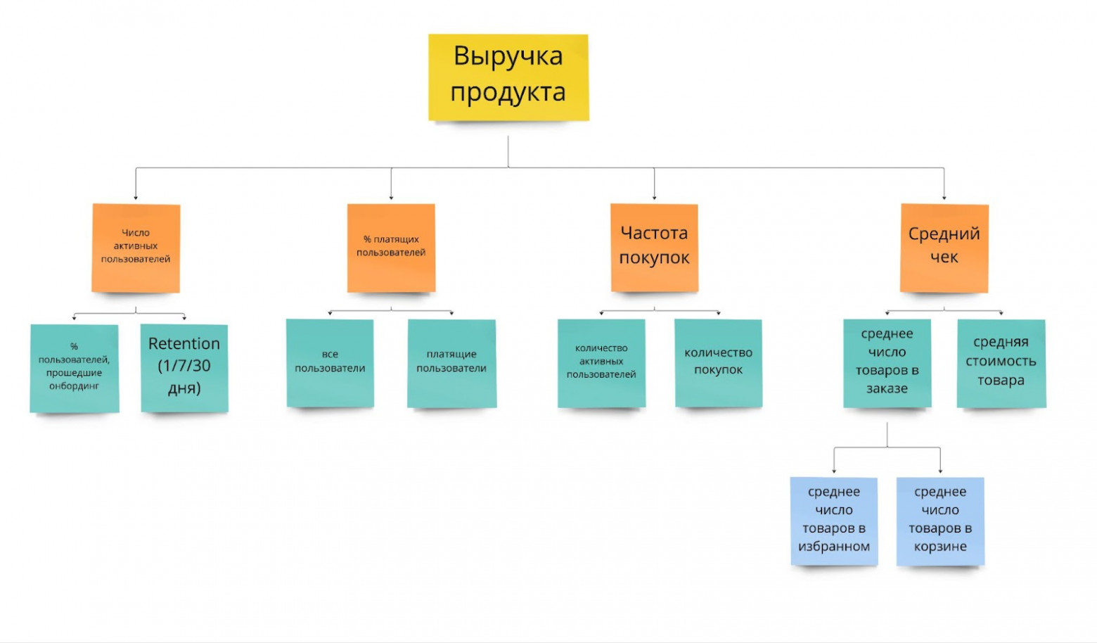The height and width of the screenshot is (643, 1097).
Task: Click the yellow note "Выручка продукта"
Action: pyautogui.click(x=508, y=77)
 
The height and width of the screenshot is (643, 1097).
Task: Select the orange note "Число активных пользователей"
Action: pyautogui.click(x=136, y=248)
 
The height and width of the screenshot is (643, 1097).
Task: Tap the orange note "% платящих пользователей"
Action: pyautogui.click(x=391, y=248)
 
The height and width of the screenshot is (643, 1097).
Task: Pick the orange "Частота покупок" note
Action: pyautogui.click(x=654, y=247)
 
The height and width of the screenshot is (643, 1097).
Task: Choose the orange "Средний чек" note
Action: pyautogui.click(x=944, y=247)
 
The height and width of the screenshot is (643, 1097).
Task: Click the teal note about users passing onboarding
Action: pyautogui.click(x=74, y=368)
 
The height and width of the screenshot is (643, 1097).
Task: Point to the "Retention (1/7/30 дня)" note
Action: pyautogui.click(x=184, y=367)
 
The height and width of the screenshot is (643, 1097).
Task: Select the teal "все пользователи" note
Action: pyautogui.click(x=330, y=363)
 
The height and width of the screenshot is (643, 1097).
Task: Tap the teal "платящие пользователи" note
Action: pyautogui.click(x=451, y=363)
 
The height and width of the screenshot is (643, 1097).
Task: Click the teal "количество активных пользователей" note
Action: pyautogui.click(x=601, y=363)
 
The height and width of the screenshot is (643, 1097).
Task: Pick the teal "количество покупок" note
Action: pyautogui.click(x=718, y=363)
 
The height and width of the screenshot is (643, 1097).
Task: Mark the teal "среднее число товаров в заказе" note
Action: pyautogui.click(x=887, y=363)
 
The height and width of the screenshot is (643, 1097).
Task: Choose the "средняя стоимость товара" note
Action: pyautogui.click(x=1001, y=363)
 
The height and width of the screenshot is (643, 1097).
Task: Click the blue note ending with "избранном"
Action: pyautogui.click(x=834, y=521)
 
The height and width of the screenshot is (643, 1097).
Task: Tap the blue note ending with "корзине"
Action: pyautogui.click(x=940, y=521)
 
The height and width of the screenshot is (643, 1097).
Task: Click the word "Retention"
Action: pyautogui.click(x=184, y=343)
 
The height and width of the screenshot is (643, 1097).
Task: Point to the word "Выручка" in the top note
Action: pyautogui.click(x=508, y=56)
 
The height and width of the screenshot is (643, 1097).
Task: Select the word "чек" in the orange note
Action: pyautogui.click(x=944, y=257)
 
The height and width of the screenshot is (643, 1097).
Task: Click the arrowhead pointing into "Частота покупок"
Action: pyautogui.click(x=654, y=198)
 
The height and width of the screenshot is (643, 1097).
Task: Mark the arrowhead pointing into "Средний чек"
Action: pyautogui.click(x=944, y=198)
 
